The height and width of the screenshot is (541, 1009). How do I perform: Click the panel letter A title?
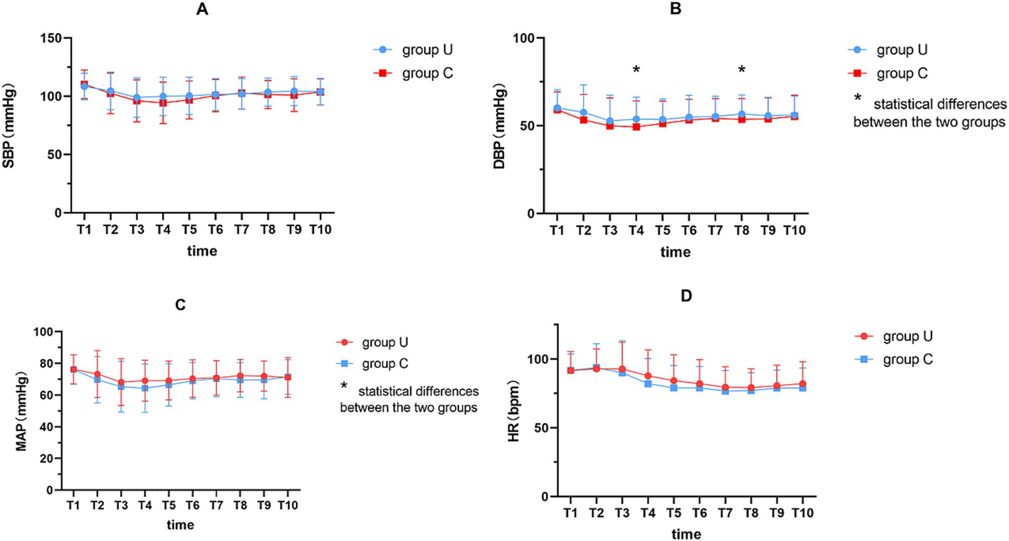point(202,10)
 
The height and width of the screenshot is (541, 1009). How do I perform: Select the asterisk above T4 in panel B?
point(636,70)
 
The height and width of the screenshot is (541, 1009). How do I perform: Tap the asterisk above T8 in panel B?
point(741,70)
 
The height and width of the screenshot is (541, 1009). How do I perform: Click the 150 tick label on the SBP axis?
point(51,38)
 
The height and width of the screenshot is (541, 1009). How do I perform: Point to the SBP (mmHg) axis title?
point(9,125)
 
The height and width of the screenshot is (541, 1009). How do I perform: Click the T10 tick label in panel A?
point(320,230)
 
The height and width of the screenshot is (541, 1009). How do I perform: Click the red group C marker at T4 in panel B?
point(636,127)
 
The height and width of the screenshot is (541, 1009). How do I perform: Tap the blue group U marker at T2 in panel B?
point(584,112)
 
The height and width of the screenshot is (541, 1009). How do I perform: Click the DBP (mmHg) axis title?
point(499,126)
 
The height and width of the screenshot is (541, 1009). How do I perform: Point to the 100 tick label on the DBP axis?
point(523,38)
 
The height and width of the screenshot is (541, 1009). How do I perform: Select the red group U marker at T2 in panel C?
point(97,374)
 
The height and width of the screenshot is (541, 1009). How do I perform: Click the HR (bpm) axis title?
point(514,410)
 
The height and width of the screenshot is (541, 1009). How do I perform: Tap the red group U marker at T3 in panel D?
point(622,369)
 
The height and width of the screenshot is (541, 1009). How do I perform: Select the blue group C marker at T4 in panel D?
point(648,383)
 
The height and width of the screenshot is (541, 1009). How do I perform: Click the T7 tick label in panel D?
point(725,512)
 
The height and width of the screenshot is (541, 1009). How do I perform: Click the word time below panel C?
point(180,525)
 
